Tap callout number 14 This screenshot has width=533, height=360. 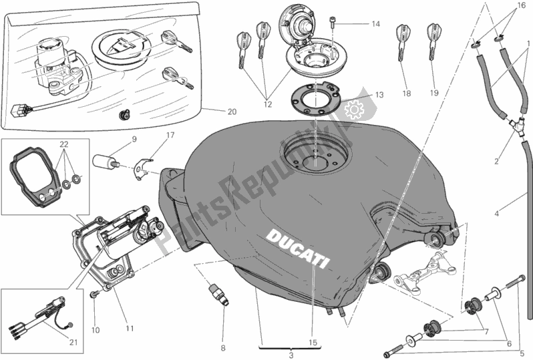point(375,25)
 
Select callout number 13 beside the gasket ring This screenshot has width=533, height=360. point(379,95)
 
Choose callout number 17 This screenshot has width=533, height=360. point(170,135)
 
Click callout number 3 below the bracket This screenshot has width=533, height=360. point(291,355)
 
